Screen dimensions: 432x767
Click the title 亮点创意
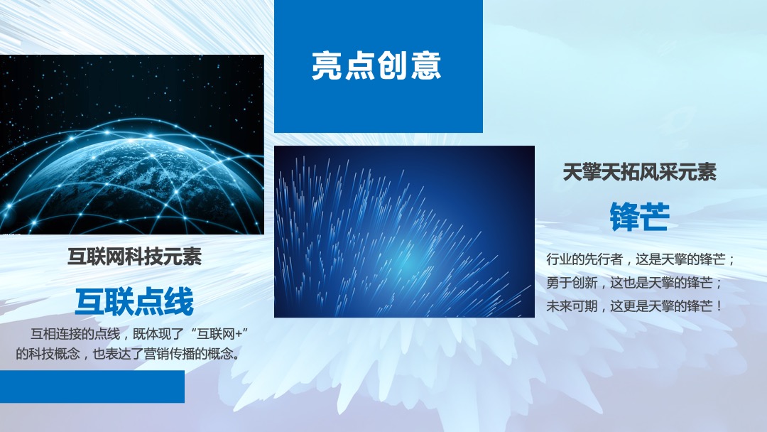tap(376, 65)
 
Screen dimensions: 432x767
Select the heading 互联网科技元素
tap(134, 256)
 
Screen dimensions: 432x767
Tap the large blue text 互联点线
tap(134, 302)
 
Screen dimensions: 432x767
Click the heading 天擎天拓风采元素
tap(639, 172)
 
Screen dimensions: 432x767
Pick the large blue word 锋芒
tap(639, 217)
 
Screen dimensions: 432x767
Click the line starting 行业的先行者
tap(641, 259)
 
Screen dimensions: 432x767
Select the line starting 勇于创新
tap(635, 283)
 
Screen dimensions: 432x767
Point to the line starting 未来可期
tap(635, 306)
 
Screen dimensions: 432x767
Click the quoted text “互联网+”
tap(224, 334)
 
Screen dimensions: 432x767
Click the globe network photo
tap(132, 145)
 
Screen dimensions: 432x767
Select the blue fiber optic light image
tap(404, 232)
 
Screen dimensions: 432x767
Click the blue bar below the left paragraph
tap(92, 387)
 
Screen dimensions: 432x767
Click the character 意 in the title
tap(426, 65)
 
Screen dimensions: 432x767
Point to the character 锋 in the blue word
tap(624, 217)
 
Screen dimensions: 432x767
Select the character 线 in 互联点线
tap(179, 302)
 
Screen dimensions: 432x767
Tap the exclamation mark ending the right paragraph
tap(719, 306)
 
